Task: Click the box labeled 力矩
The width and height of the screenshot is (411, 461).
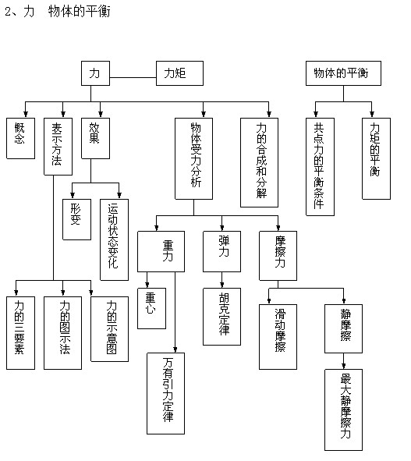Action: pos(179,73)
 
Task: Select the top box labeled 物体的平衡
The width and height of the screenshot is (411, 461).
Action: pos(343,73)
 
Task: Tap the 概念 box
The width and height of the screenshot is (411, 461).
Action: pos(20,139)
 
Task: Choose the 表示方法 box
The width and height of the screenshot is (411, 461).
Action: pos(58,147)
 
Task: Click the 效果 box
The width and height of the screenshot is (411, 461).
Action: pos(96,139)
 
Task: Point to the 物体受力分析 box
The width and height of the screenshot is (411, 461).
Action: pos(193,159)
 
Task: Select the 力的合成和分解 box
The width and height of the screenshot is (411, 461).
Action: pos(259,162)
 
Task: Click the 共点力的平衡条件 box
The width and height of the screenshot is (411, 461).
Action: pos(320,167)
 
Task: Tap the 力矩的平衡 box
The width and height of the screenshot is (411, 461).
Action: pos(376,159)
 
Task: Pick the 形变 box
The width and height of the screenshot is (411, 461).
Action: pos(76,220)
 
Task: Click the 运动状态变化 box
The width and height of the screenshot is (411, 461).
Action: pos(114,240)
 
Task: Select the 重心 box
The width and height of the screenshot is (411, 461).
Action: pos(152,308)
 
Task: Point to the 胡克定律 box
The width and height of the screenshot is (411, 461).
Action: pos(221,317)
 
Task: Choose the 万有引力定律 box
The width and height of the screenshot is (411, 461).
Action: pos(166,394)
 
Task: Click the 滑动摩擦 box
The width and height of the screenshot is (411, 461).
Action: pos(278,337)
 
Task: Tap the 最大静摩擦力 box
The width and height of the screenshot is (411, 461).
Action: pos(343,410)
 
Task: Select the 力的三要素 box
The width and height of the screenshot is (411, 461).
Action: pos(20,333)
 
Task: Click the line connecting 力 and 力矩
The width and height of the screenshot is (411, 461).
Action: pos(133,78)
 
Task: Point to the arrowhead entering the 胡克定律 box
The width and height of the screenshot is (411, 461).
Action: pos(222,285)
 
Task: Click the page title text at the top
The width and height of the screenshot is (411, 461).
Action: pos(58,12)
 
